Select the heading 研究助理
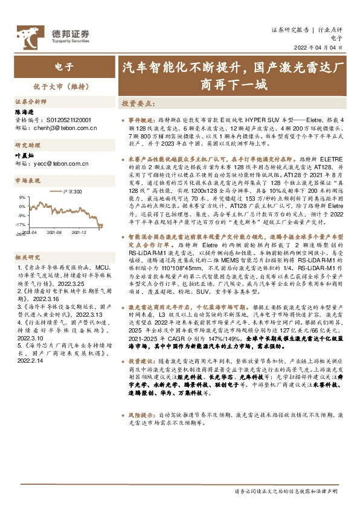pyautogui.click(x=26, y=145)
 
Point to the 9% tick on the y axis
pyautogui.click(x=22, y=197)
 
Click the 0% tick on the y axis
pyautogui.click(x=22, y=206)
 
